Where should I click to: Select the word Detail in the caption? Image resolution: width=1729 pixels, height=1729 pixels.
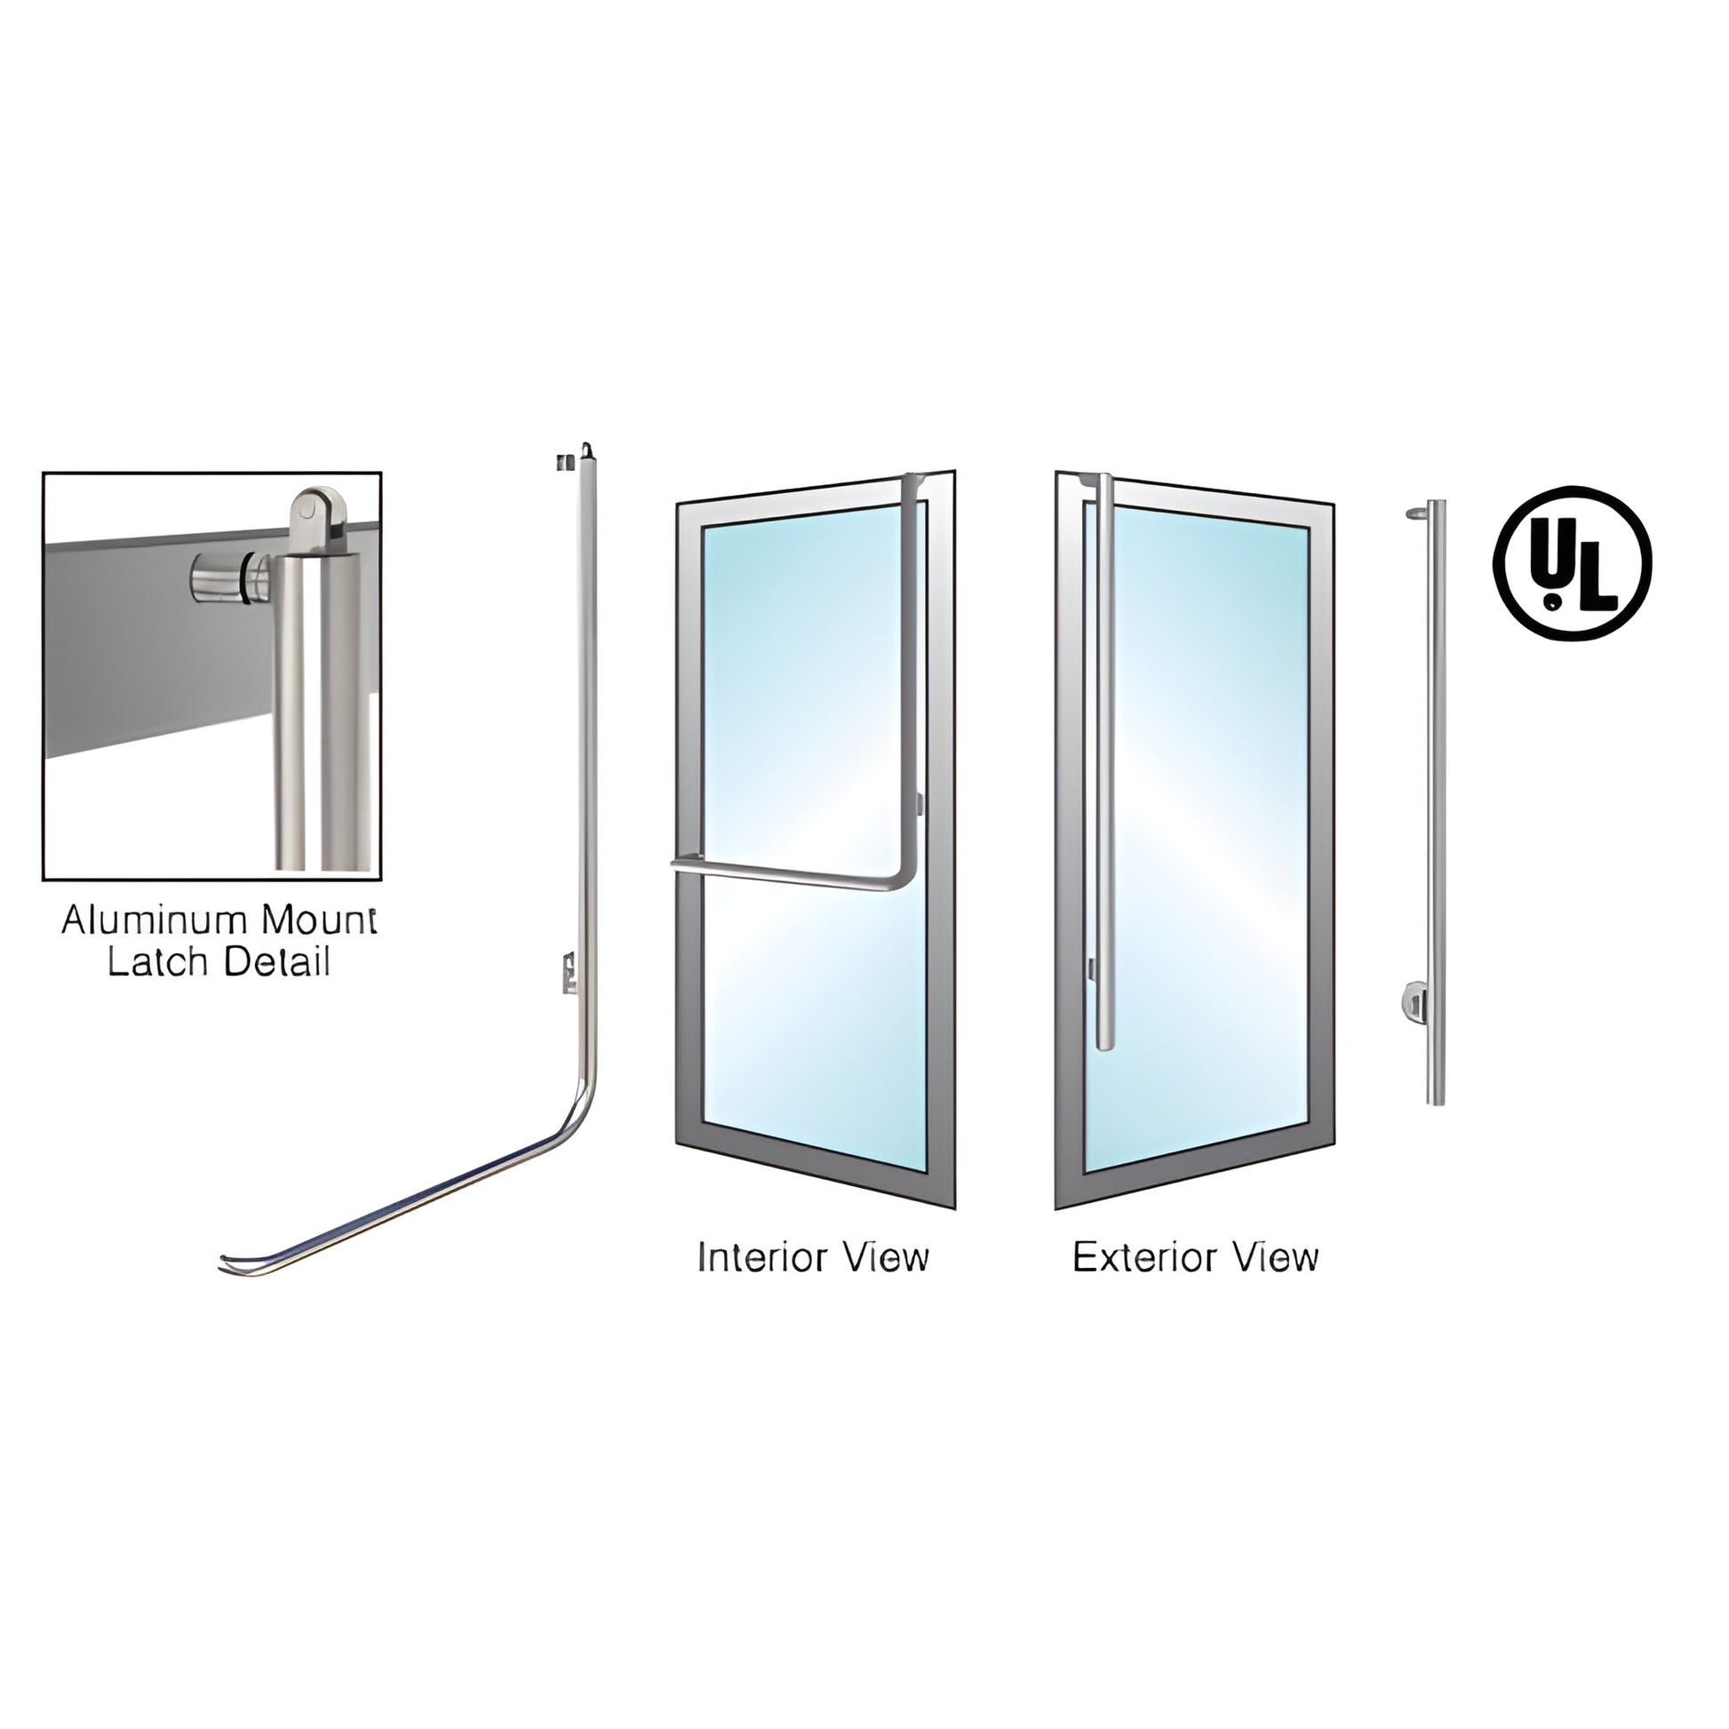276,963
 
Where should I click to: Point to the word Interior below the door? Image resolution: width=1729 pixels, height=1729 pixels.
759,1257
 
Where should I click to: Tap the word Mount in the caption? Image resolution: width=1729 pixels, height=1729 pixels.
317,920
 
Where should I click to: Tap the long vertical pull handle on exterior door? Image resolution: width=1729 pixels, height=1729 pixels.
1107,761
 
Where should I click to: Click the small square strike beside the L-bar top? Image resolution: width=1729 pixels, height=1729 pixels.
562,463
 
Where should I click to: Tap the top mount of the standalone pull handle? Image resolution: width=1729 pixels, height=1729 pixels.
1416,514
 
